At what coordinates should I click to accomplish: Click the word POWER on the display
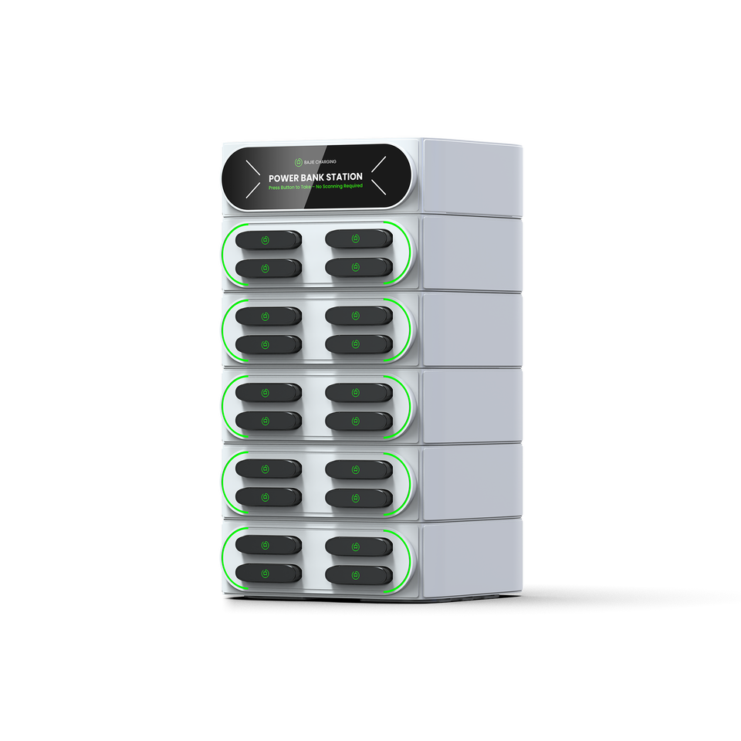285,178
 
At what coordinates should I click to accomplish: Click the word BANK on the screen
310,178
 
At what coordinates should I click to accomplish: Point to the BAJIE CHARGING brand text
320,161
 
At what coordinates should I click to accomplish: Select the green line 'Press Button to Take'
290,188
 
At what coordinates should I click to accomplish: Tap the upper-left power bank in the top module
267,239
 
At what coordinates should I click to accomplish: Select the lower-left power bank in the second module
267,343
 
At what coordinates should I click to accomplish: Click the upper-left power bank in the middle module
267,392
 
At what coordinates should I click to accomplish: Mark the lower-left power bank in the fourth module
267,497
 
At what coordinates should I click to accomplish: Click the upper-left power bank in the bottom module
267,545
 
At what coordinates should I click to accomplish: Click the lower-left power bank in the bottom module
267,574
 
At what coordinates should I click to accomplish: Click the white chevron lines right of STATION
381,175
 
